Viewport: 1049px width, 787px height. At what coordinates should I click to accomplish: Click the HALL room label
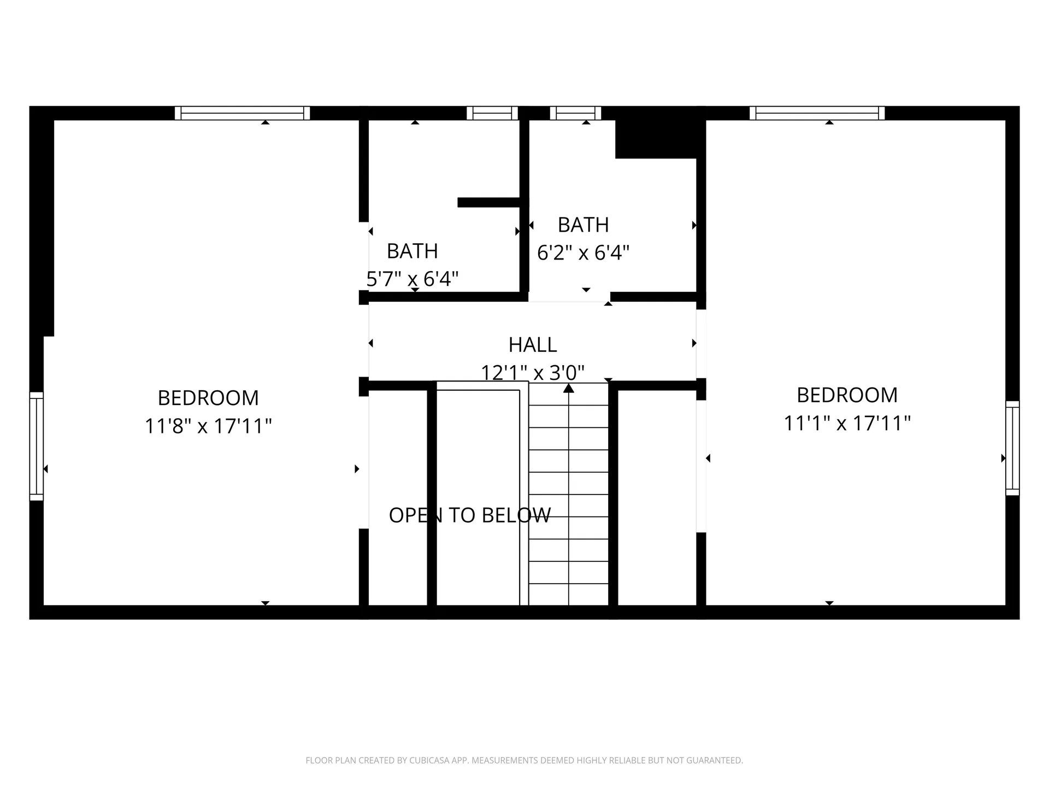[x=533, y=345]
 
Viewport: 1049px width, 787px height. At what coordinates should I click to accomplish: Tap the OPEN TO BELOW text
[x=470, y=515]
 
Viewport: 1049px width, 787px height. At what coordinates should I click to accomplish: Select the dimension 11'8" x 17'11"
[x=208, y=426]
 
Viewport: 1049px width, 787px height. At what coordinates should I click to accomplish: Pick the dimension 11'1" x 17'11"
[x=847, y=423]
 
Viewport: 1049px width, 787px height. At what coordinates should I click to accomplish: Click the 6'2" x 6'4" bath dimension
[x=584, y=252]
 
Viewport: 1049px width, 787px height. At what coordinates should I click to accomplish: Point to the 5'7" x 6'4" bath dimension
[x=412, y=279]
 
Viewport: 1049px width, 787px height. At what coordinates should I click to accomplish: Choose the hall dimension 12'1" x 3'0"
[x=533, y=373]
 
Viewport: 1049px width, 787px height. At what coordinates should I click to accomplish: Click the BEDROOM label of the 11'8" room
[x=208, y=398]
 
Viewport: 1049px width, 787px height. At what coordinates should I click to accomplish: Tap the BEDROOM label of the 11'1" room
[x=847, y=395]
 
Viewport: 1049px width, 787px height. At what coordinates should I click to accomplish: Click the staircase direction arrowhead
[x=569, y=388]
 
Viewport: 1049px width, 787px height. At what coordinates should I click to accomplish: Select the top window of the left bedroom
[x=242, y=113]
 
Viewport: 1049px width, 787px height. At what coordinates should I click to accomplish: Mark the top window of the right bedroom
[x=817, y=113]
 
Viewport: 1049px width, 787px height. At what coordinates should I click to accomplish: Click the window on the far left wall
[x=36, y=446]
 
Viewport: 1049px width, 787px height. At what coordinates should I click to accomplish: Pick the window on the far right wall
[x=1012, y=448]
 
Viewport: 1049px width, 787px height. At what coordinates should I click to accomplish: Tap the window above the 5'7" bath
[x=492, y=113]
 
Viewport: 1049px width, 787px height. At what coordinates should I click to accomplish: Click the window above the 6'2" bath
[x=575, y=113]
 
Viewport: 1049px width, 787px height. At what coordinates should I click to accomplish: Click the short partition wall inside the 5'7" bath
[x=488, y=202]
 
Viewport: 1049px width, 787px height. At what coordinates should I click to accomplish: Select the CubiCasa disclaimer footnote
[x=524, y=760]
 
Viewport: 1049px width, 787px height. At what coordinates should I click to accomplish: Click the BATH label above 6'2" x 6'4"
[x=584, y=225]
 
